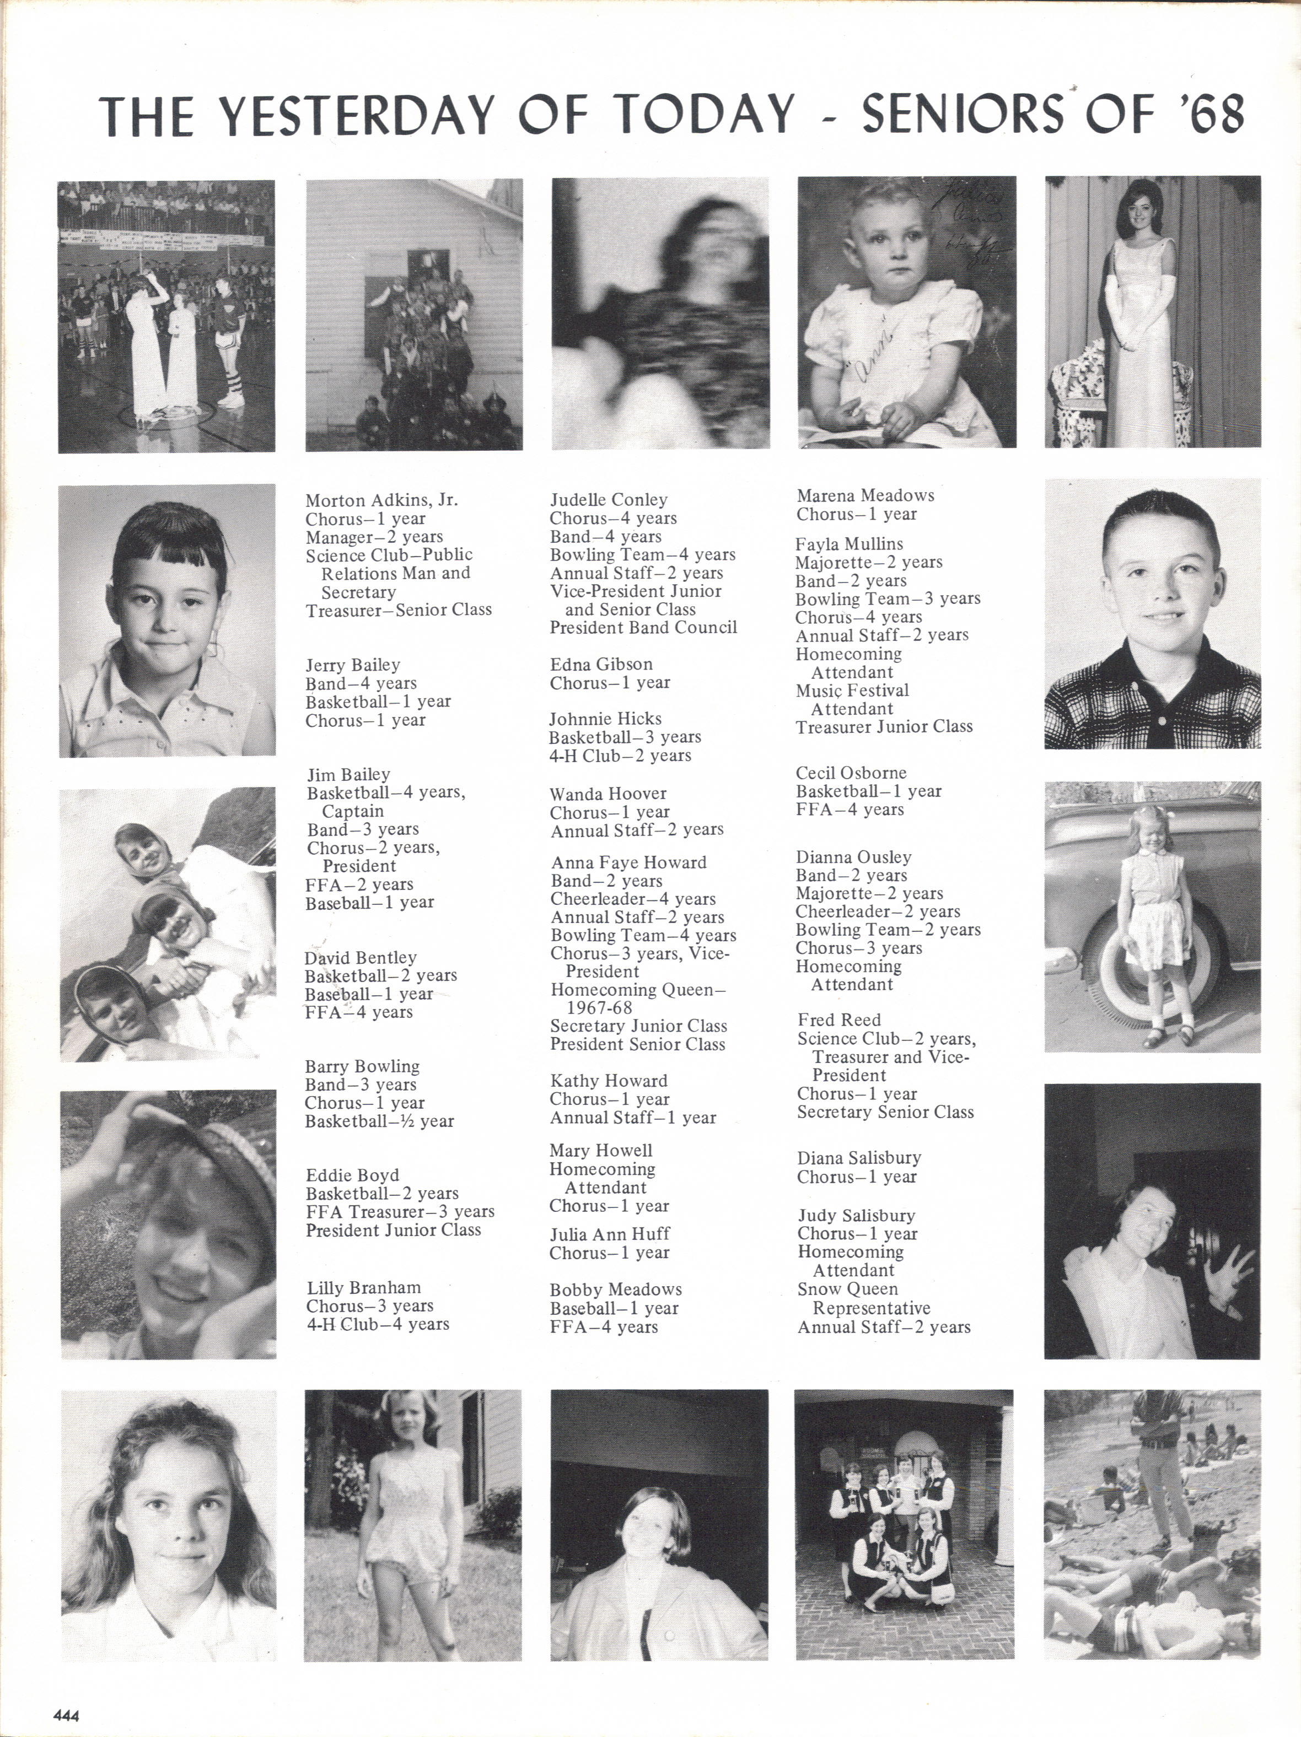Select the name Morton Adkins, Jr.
click(x=381, y=500)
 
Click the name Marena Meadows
click(x=865, y=495)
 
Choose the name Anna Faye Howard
click(x=628, y=862)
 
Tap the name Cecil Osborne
click(x=851, y=773)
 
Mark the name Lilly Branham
click(x=364, y=1287)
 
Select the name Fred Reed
click(x=839, y=1019)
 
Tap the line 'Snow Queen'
click(x=847, y=1288)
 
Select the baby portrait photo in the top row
click(x=907, y=312)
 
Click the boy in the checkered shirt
click(x=1152, y=613)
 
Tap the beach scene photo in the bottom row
click(x=1152, y=1523)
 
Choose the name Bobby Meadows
click(x=615, y=1290)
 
